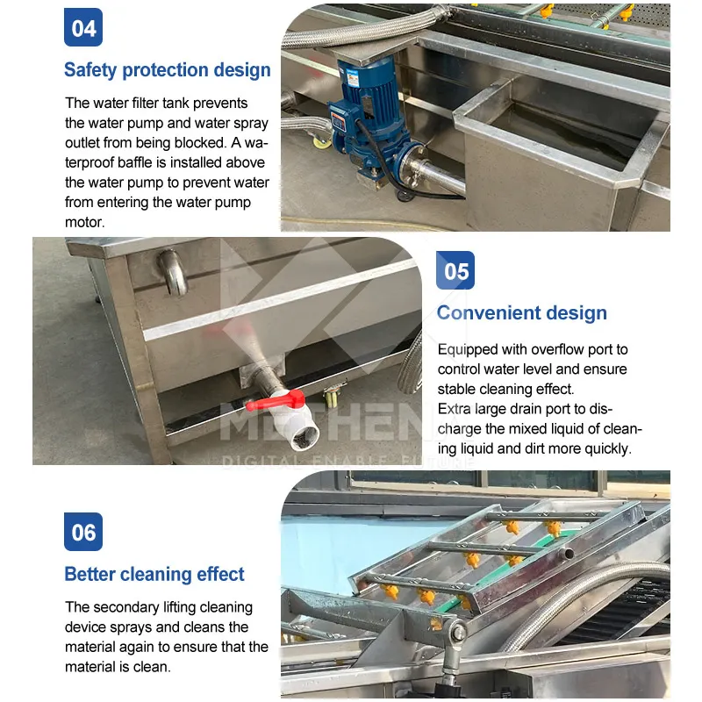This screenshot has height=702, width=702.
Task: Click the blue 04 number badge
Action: (x=83, y=27)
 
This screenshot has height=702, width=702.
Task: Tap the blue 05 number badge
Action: (x=455, y=270)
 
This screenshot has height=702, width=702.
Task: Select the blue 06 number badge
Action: (x=83, y=532)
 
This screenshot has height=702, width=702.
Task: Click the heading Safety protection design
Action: (x=168, y=70)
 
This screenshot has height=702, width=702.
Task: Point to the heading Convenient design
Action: (x=522, y=313)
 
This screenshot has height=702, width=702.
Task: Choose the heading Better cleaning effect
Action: (x=154, y=575)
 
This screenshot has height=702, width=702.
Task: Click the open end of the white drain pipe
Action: (x=304, y=437)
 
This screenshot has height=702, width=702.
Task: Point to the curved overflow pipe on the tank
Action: (x=173, y=272)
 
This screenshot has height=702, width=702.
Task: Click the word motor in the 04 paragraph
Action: (x=84, y=223)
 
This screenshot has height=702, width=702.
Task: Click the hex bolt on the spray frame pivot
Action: (x=458, y=633)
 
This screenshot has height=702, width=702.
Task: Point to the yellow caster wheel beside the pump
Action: (x=322, y=142)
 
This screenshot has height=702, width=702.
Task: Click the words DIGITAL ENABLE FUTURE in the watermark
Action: (x=347, y=462)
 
